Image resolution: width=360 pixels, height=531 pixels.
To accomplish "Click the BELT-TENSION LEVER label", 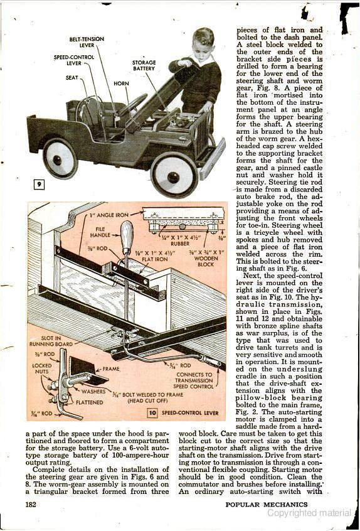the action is tap(87, 42).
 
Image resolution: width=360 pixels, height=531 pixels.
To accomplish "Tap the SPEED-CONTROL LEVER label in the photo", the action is tap(74, 60).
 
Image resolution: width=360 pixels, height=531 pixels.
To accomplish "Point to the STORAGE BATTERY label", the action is tap(144, 65).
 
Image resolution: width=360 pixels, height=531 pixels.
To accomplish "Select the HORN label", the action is tap(121, 83).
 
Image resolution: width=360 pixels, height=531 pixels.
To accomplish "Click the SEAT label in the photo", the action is tap(71, 78).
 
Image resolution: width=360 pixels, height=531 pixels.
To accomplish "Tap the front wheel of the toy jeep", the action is tap(174, 175).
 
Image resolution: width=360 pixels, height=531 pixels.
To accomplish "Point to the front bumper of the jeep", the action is tap(212, 159).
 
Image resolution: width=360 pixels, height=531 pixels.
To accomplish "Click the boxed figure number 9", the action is tap(40, 185).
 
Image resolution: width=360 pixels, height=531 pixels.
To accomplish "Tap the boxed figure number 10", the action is tap(152, 413).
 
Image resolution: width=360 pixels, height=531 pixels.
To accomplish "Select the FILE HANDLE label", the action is tap(100, 232).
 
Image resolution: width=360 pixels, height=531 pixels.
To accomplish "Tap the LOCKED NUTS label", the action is tap(42, 368).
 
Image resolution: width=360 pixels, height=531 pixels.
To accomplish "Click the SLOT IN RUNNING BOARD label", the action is tap(51, 341).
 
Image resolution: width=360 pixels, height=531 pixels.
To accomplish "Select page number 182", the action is tap(31, 504).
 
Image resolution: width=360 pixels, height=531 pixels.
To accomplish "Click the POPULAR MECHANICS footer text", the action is tap(267, 504).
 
